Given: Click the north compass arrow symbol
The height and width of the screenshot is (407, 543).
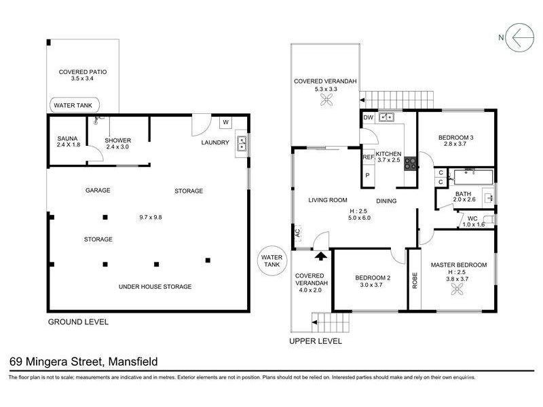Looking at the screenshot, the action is point(519,37).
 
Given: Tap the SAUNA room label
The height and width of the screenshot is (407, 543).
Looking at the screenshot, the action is point(67,138).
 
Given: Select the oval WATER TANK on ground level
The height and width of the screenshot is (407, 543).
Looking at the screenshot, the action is point(75,105).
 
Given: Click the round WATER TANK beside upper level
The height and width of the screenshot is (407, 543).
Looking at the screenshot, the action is point(272,260).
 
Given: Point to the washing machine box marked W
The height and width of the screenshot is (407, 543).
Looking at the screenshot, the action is point(226,122).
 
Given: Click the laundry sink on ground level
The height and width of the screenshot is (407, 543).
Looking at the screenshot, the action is point(242,143).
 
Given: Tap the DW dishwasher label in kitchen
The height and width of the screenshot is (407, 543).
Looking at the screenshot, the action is point(369,117).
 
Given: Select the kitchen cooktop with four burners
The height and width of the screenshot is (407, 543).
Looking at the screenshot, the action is point(411,163).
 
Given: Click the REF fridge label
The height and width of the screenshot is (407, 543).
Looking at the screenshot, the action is point(369,157).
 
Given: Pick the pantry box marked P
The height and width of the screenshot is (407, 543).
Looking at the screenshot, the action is point(367,176).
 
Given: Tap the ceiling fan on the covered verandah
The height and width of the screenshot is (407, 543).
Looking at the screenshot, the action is point(326,100).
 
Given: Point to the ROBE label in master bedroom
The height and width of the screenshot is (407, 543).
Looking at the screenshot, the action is point(415,281).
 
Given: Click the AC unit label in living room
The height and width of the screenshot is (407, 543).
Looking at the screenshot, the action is point(298,232).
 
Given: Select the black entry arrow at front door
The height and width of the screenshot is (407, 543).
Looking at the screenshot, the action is point(322,256).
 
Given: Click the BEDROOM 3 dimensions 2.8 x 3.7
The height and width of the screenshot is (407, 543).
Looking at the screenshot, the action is point(455,144).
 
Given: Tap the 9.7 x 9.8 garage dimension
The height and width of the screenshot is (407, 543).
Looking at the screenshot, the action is point(151,217).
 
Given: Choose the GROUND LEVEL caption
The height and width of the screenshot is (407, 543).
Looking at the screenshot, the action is point(78,322).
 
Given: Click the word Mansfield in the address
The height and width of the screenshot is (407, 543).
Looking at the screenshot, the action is point(133,362).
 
